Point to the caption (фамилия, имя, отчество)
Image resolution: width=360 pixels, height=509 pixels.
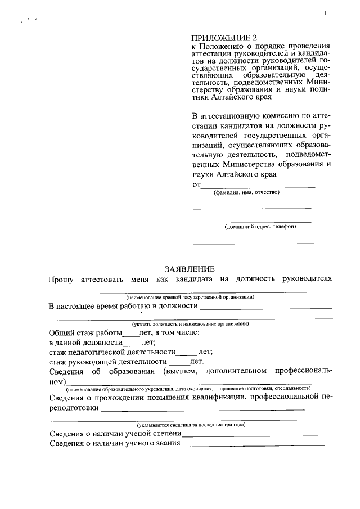(x=246, y=192)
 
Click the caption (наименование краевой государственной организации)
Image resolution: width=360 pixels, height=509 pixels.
(x=190, y=296)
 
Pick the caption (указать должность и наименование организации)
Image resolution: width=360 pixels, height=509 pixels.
(x=190, y=325)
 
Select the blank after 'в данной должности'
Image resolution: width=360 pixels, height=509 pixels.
(x=131, y=344)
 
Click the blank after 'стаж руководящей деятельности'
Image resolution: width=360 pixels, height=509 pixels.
(x=179, y=363)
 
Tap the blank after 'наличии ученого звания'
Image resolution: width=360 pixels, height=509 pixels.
(x=252, y=445)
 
